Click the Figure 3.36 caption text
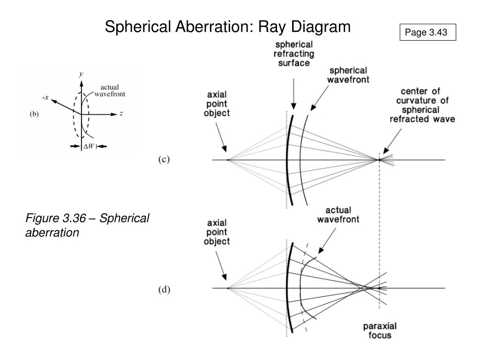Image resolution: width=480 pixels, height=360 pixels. click(87, 225)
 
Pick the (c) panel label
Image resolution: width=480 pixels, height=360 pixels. click(163, 159)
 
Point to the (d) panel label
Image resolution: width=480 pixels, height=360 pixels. click(164, 290)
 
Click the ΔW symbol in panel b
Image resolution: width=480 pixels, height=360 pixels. click(88, 147)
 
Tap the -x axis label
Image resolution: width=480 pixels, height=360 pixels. click(45, 97)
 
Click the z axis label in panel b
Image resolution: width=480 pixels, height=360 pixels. click(121, 113)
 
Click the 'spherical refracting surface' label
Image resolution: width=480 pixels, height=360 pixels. click(294, 54)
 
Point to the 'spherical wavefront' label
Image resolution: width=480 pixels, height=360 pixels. click(349, 76)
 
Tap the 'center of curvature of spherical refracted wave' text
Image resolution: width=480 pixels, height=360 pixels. click(422, 105)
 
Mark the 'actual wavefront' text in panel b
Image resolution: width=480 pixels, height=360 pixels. click(110, 90)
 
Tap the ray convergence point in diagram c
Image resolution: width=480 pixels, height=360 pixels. click(379, 160)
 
